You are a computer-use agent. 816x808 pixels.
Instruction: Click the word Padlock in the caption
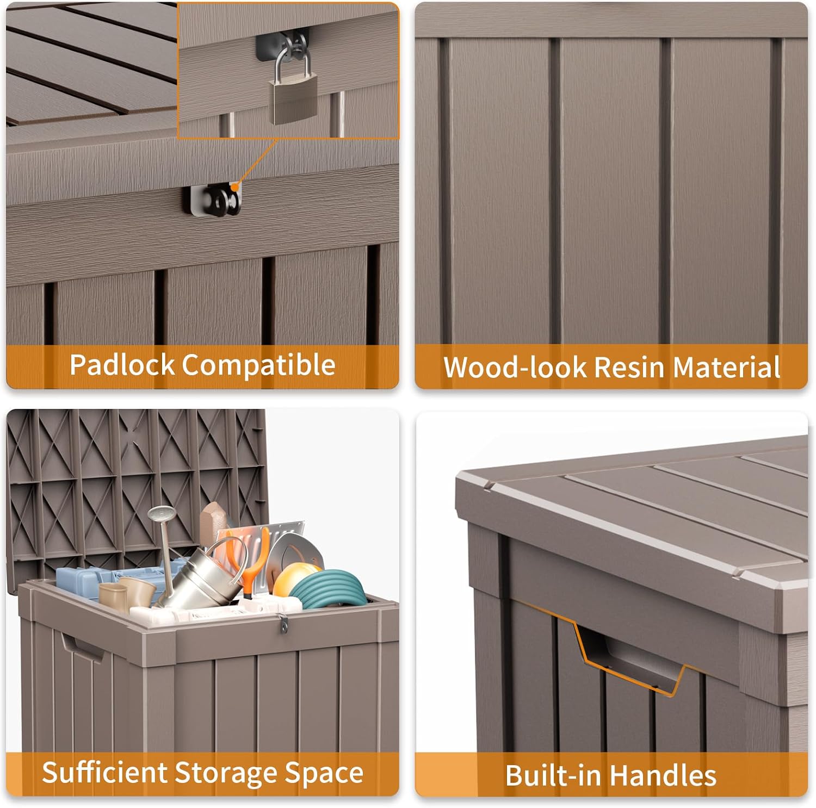coord(122,365)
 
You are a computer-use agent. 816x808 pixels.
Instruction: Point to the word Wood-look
coord(515,367)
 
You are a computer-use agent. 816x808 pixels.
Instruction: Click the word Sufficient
coord(104,773)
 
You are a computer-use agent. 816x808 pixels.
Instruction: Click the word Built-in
coord(552,775)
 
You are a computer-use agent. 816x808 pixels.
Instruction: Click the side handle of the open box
coord(82,647)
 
